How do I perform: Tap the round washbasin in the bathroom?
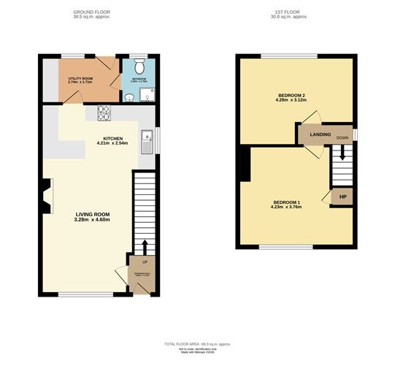tap(129, 96)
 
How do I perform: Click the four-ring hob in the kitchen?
tap(104, 113)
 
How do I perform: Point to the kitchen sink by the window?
tap(147, 140)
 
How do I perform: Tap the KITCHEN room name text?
tap(112, 138)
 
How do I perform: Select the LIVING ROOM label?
tap(92, 214)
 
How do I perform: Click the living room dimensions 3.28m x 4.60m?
tap(92, 221)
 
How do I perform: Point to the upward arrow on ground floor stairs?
tap(144, 245)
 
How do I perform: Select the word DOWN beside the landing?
tap(342, 137)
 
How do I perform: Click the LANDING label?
tap(319, 134)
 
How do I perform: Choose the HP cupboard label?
tap(342, 197)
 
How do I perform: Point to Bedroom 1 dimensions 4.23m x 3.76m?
tap(287, 207)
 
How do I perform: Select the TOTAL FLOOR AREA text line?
tap(197, 343)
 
